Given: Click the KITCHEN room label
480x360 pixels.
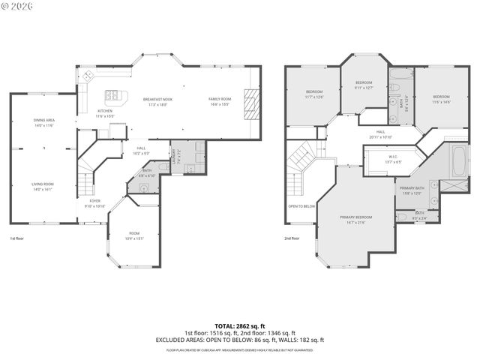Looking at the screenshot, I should point(104,111).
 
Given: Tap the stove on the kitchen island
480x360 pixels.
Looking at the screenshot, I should point(112,95).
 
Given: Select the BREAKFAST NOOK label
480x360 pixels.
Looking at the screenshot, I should point(157,100).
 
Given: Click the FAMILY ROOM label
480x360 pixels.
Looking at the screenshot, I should point(220,100).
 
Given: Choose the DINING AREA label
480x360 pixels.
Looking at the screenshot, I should point(43,120).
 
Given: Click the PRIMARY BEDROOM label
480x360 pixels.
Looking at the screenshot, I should point(355,217).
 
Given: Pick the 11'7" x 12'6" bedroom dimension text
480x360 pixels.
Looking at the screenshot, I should point(313,97).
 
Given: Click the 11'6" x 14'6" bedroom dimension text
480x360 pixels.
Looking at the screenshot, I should point(440,101).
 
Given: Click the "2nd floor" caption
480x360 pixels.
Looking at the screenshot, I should point(292,238).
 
